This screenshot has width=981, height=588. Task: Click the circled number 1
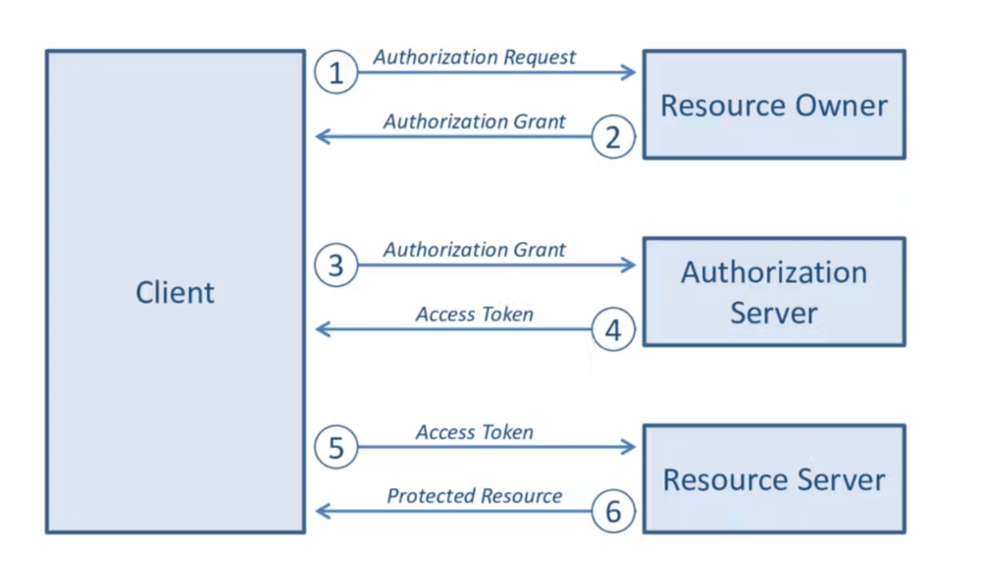336,73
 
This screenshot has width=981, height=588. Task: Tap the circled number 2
613,138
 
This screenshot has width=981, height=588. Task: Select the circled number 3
336,266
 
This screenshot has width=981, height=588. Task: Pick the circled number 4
613,330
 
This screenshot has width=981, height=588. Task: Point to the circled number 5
336,448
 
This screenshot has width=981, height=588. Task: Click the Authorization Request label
475,57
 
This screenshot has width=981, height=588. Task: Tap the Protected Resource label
475,496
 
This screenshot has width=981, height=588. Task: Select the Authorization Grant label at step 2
475,122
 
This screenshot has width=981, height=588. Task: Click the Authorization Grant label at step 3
475,250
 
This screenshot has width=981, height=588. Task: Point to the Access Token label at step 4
475,315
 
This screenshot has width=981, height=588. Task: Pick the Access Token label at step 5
475,432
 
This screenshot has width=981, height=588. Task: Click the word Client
175,292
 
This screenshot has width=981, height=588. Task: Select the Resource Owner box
774,105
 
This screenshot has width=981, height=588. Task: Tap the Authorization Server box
774,292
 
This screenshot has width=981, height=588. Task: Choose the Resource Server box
774,479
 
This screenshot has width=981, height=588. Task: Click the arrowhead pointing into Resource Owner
630,73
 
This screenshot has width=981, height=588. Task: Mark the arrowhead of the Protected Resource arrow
322,512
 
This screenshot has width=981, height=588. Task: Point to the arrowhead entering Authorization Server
630,265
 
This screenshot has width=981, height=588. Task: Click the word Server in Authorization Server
774,313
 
